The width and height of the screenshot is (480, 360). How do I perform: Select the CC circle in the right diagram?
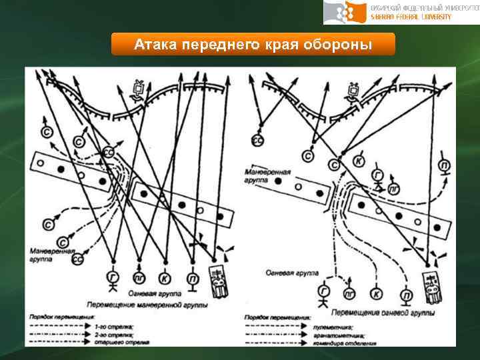(257, 140)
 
